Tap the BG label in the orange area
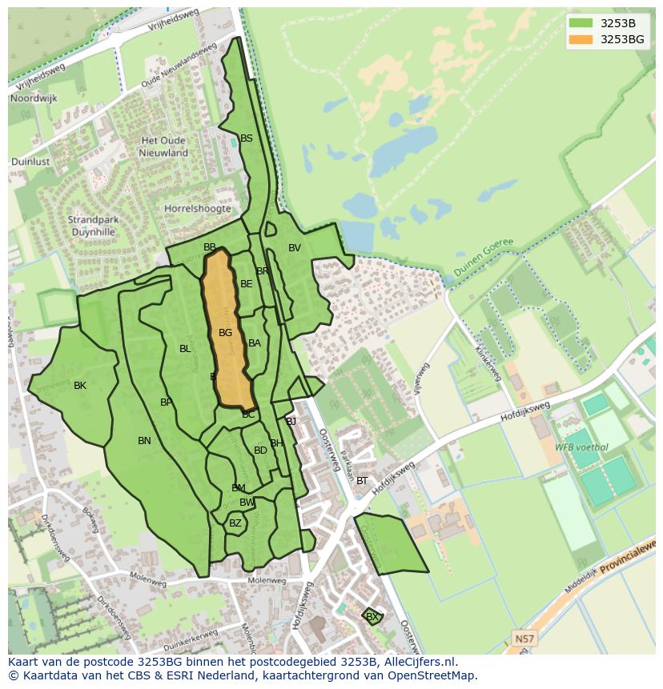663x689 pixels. pyautogui.click(x=226, y=333)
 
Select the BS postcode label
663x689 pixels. pyautogui.click(x=247, y=138)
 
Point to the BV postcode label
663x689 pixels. pyautogui.click(x=295, y=248)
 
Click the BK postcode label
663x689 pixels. pyautogui.click(x=80, y=386)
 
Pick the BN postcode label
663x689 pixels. pyautogui.click(x=144, y=441)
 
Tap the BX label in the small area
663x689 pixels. pyautogui.click(x=372, y=617)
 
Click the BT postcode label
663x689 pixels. pyautogui.click(x=362, y=481)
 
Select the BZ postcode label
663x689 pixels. pyautogui.click(x=235, y=523)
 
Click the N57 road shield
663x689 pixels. pyautogui.click(x=523, y=638)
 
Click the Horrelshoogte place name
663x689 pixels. pyautogui.click(x=198, y=209)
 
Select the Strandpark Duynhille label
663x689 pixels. pyautogui.click(x=91, y=226)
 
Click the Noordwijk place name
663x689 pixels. pyautogui.click(x=33, y=98)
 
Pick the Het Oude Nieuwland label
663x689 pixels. pyautogui.click(x=164, y=146)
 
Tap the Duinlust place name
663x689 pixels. pyautogui.click(x=31, y=162)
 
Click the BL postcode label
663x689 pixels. pyautogui.click(x=185, y=349)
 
